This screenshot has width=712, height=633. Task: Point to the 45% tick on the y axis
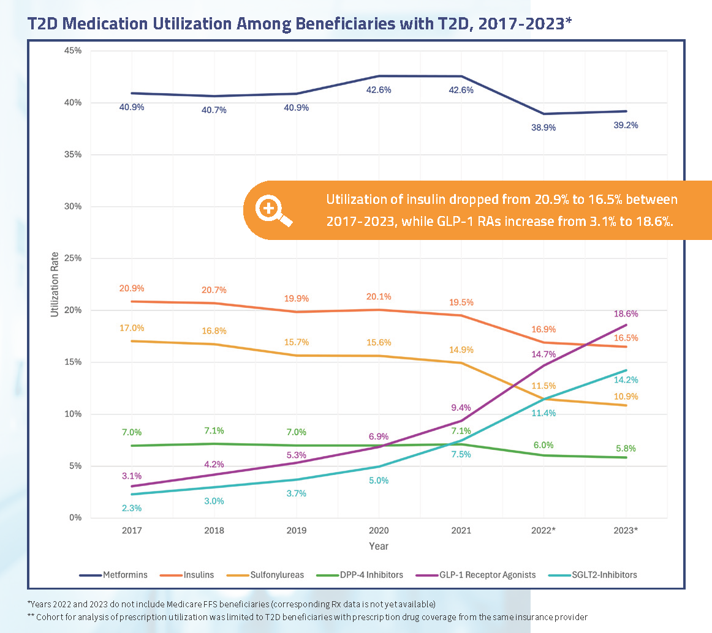click(73, 50)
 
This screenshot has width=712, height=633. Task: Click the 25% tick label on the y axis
click(73, 258)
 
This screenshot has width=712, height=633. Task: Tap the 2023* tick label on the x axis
click(625, 530)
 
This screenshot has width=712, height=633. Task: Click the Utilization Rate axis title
click(55, 285)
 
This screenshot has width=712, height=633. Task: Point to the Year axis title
click(378, 546)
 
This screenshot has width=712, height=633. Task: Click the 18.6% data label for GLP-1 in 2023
click(626, 313)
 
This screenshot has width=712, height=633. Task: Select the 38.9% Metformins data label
click(543, 128)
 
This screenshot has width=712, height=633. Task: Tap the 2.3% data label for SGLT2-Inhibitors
click(132, 508)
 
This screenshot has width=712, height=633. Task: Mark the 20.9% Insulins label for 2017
click(132, 288)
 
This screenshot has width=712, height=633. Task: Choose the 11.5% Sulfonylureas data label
click(543, 386)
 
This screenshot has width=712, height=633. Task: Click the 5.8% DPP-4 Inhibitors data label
click(626, 448)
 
